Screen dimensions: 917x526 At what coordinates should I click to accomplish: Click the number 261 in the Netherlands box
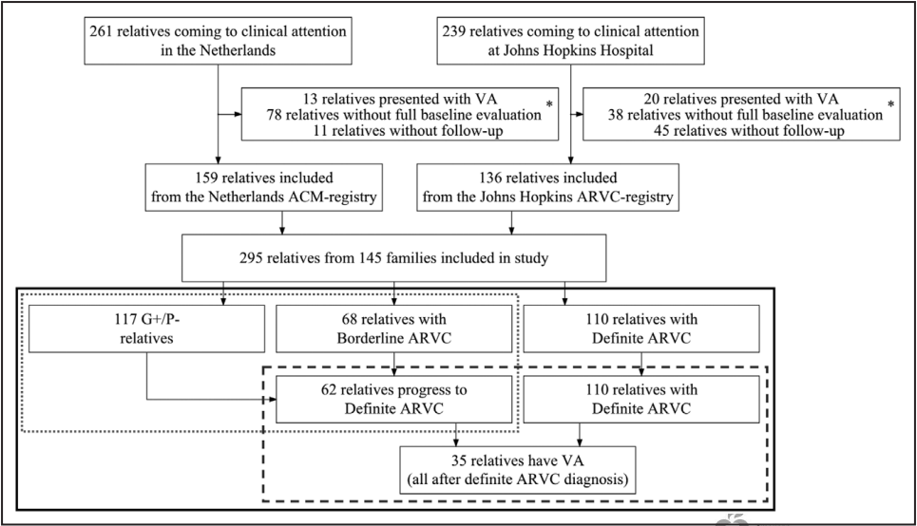pyautogui.click(x=101, y=31)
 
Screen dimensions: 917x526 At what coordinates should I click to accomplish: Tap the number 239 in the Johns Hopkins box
pyautogui.click(x=454, y=31)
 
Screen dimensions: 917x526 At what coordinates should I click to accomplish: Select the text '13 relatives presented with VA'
pyautogui.click(x=400, y=99)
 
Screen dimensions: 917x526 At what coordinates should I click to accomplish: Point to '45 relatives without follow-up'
pyautogui.click(x=749, y=130)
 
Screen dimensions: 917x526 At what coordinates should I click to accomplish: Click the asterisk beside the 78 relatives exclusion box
pyautogui.click(x=549, y=104)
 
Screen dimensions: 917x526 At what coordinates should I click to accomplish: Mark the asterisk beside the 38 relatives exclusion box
pyautogui.click(x=890, y=104)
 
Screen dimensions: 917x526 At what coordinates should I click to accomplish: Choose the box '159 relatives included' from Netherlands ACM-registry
pyautogui.click(x=264, y=187)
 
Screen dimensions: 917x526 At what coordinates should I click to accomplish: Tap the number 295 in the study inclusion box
pyautogui.click(x=251, y=257)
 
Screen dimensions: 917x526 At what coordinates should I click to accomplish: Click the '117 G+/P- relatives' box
pyautogui.click(x=146, y=329)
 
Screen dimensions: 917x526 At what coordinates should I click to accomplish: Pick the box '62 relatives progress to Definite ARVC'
pyautogui.click(x=394, y=399)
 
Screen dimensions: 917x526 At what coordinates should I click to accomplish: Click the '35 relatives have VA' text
pyautogui.click(x=518, y=460)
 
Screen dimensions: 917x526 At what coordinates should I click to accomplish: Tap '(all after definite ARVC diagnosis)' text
pyautogui.click(x=518, y=479)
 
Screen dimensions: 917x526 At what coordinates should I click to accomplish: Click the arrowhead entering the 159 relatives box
pyautogui.click(x=219, y=160)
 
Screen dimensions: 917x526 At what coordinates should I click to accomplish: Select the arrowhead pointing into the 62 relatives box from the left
pyautogui.click(x=272, y=399)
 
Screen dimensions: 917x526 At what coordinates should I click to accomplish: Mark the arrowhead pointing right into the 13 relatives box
pyautogui.click(x=238, y=114)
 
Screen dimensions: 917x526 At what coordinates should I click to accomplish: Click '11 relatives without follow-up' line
pyautogui.click(x=408, y=130)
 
